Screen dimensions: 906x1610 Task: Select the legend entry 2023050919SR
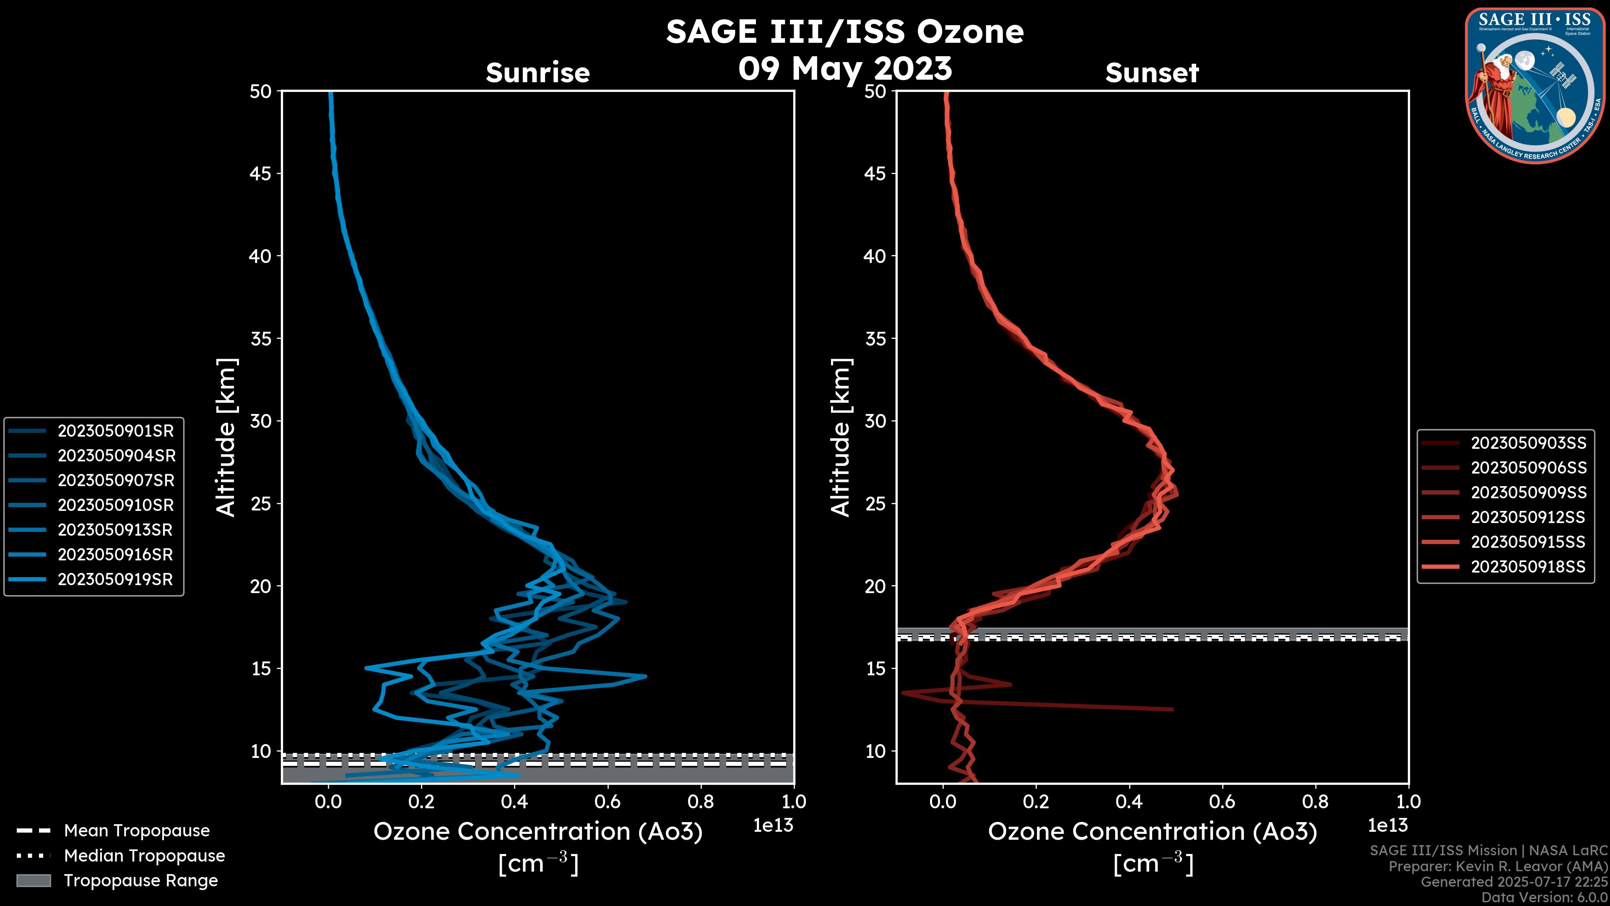(115, 579)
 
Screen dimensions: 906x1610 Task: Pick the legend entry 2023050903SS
(1528, 443)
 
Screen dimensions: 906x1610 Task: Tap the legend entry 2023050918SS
(1528, 567)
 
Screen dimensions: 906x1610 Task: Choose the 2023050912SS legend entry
(1528, 517)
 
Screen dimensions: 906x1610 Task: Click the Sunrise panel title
(538, 73)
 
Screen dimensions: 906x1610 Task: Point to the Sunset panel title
(1152, 73)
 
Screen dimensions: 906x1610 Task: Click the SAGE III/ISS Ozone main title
(844, 32)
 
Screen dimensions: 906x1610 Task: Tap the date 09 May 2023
(844, 68)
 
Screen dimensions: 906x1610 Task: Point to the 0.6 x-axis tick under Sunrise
(608, 801)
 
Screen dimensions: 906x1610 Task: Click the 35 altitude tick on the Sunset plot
(875, 338)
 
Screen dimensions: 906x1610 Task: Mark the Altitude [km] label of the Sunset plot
(841, 437)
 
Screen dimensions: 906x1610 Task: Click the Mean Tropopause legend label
(137, 830)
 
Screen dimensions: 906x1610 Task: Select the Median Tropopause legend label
(144, 855)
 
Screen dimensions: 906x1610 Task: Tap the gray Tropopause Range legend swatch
(34, 880)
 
